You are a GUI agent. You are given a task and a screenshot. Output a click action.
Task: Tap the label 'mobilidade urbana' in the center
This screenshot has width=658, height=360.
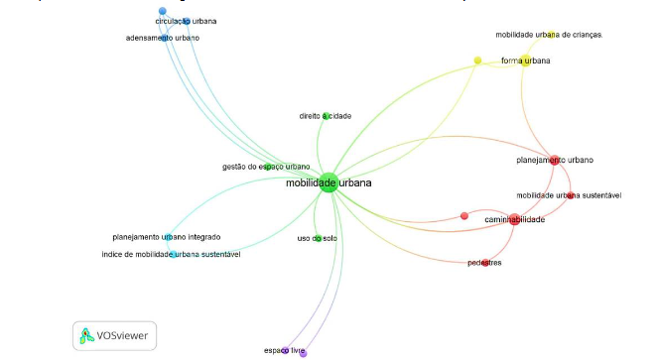point(329,183)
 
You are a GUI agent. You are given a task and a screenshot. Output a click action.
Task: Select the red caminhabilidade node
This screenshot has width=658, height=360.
point(514,219)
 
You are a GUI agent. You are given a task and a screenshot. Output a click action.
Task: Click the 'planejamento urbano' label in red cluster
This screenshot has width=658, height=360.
point(556,159)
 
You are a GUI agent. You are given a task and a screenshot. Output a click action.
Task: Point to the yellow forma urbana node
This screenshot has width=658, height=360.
point(524,60)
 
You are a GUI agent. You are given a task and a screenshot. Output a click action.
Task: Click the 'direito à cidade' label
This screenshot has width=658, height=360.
point(325,116)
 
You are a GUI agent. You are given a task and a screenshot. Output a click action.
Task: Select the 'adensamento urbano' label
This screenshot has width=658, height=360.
point(163,38)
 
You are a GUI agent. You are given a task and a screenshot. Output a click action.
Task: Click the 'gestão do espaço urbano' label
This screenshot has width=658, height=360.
point(266,167)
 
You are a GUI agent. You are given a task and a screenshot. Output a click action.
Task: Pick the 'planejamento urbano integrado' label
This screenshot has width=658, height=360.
point(167,237)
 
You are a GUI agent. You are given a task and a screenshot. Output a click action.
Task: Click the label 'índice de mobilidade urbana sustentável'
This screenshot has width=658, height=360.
point(171,255)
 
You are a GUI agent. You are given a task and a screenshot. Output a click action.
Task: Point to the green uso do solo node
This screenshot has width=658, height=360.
point(318,238)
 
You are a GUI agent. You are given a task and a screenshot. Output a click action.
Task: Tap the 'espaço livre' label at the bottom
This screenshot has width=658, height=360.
point(283,350)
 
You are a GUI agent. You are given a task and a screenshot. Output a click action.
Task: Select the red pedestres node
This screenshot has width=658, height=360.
point(485,263)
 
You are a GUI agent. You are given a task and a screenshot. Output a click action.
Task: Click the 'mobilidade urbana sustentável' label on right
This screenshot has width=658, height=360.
point(569,195)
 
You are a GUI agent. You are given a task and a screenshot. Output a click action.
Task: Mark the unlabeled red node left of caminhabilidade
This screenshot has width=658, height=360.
point(463,215)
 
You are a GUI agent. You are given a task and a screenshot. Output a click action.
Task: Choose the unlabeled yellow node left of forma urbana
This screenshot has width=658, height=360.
point(477,60)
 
